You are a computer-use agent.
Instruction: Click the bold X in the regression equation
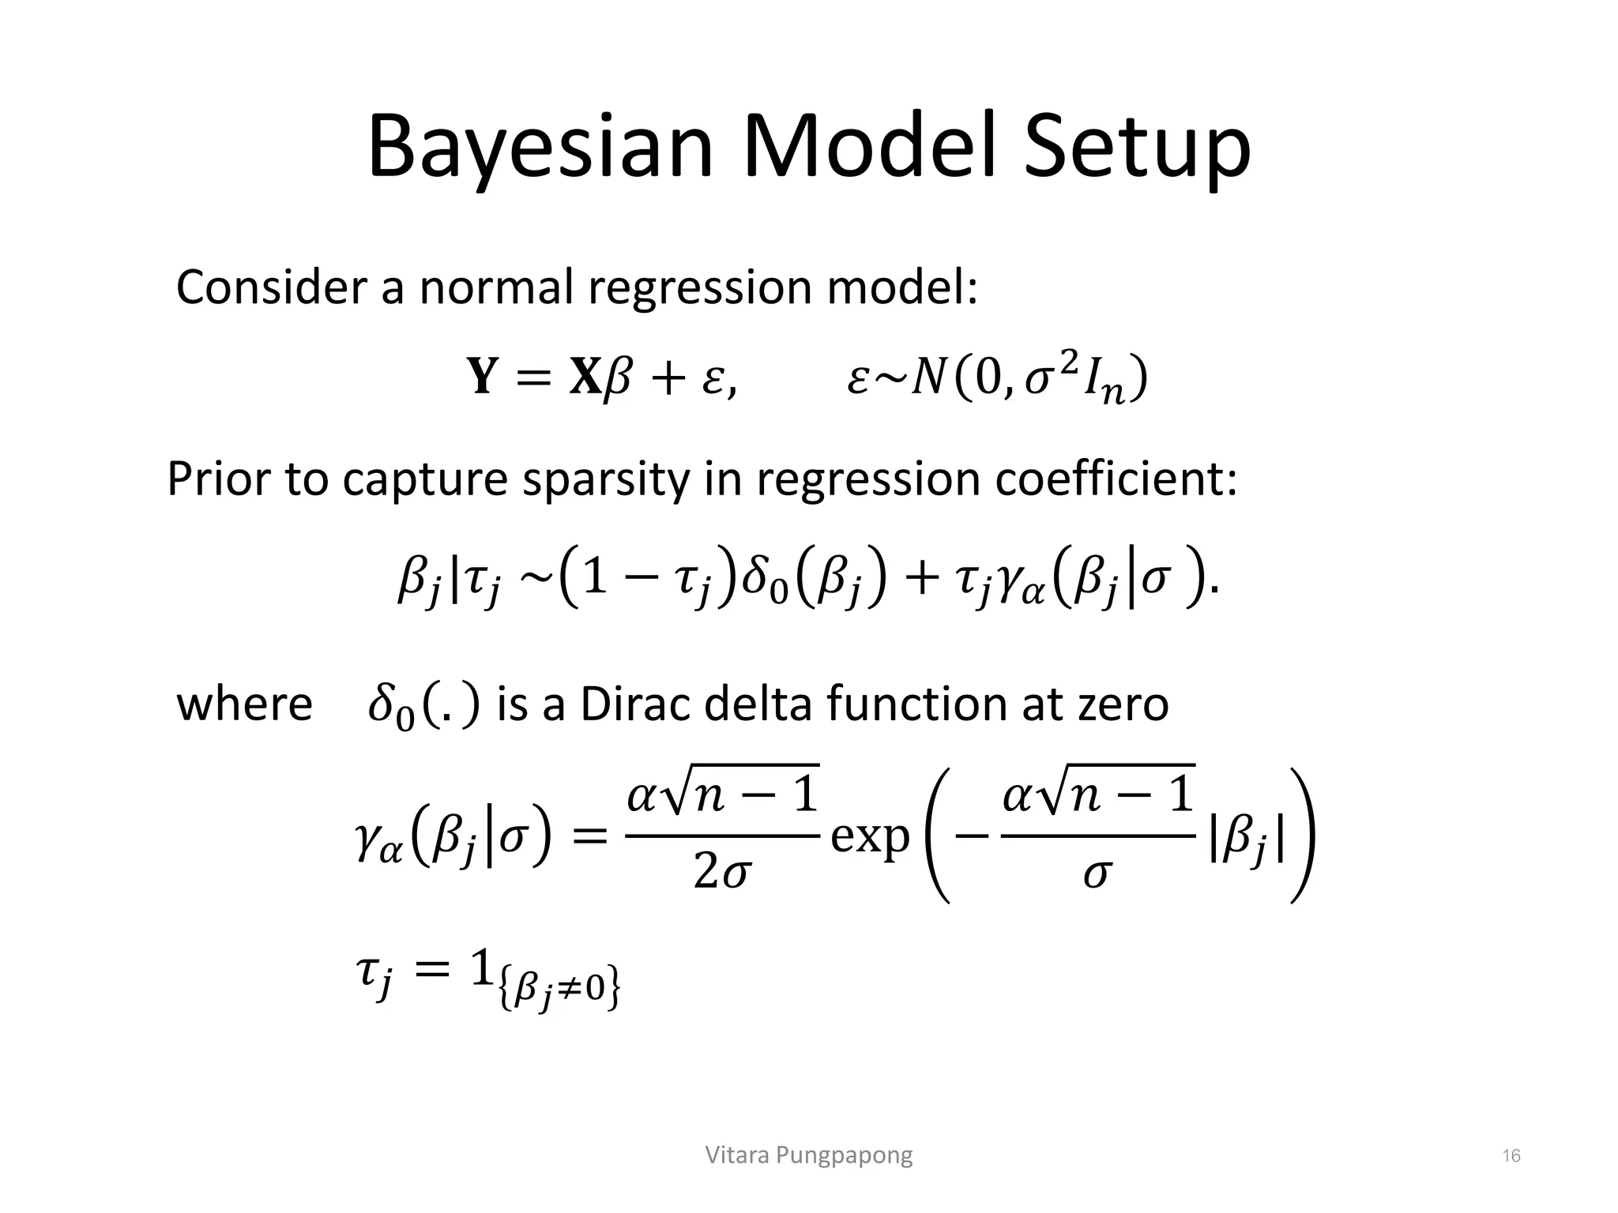click(585, 377)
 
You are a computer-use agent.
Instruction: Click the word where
click(244, 704)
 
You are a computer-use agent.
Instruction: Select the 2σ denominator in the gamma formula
click(721, 873)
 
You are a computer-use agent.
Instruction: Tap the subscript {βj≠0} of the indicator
click(559, 990)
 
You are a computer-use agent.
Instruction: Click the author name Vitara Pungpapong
click(808, 1155)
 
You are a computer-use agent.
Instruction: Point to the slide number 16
click(1511, 1156)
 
